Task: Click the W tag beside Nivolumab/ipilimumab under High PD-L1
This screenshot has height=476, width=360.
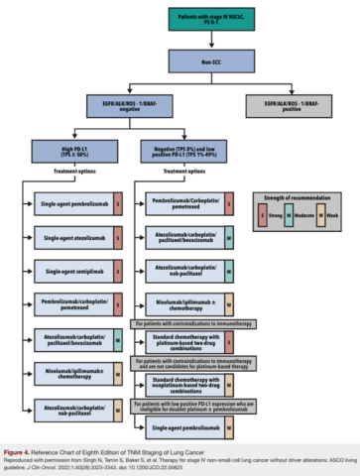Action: click(117, 372)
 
